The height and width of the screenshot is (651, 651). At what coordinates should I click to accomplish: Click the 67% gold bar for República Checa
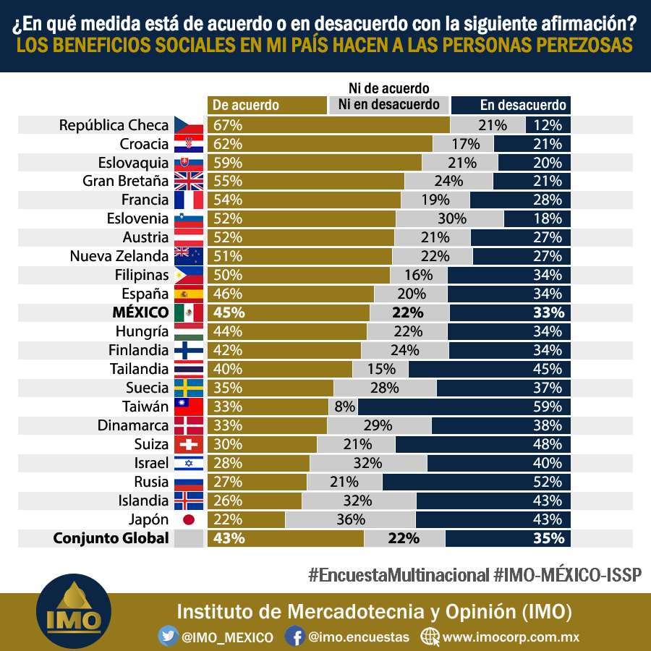(x=328, y=125)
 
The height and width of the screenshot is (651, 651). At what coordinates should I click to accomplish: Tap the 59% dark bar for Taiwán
(x=464, y=407)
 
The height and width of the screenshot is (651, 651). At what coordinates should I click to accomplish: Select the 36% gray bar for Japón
(x=350, y=519)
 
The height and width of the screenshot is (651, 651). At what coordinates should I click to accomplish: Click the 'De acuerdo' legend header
(x=267, y=105)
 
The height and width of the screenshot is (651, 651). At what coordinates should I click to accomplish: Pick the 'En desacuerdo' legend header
(x=511, y=105)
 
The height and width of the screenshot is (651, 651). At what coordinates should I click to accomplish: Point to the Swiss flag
(x=189, y=444)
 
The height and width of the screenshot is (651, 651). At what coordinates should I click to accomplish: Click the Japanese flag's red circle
(x=189, y=519)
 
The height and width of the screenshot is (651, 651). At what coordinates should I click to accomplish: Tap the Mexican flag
(x=189, y=312)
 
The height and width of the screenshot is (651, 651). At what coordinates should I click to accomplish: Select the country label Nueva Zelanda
(x=119, y=256)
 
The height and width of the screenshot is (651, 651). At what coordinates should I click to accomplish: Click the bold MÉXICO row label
(x=141, y=312)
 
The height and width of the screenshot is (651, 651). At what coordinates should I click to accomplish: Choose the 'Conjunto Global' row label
(x=111, y=538)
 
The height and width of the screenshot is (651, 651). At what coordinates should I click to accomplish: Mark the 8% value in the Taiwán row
(x=344, y=407)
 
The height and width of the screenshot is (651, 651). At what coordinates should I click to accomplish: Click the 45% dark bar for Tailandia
(x=490, y=369)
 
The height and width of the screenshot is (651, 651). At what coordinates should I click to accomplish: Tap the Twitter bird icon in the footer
(x=168, y=636)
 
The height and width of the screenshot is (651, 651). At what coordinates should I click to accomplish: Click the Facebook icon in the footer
(x=295, y=636)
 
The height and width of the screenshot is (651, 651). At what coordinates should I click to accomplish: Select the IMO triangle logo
(x=74, y=611)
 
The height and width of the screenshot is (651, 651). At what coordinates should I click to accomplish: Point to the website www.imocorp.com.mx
(x=511, y=637)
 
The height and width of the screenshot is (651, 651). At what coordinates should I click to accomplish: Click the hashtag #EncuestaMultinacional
(x=399, y=575)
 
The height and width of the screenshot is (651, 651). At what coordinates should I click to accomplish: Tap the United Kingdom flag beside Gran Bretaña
(x=189, y=181)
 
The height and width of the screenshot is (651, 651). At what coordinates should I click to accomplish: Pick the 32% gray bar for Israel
(x=368, y=463)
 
